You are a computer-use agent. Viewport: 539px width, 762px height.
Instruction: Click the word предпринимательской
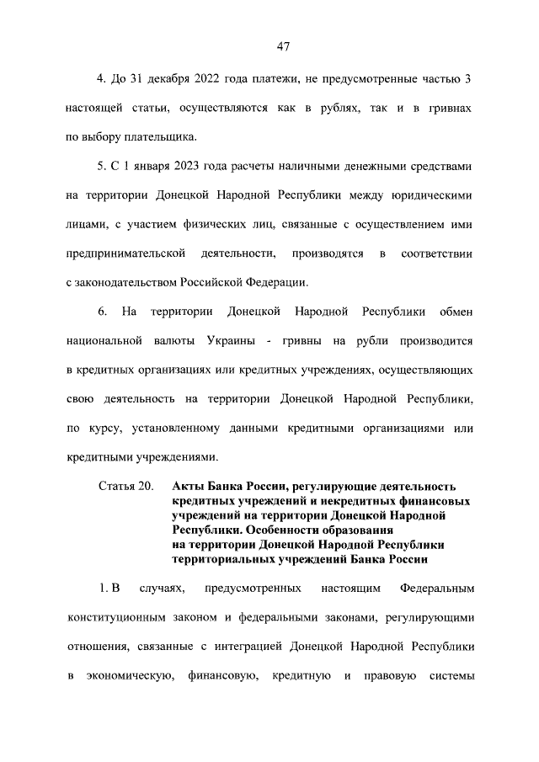pos(125,253)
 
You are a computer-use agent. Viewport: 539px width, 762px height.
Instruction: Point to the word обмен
pos(456,312)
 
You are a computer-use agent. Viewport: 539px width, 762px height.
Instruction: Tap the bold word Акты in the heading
pos(187,487)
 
